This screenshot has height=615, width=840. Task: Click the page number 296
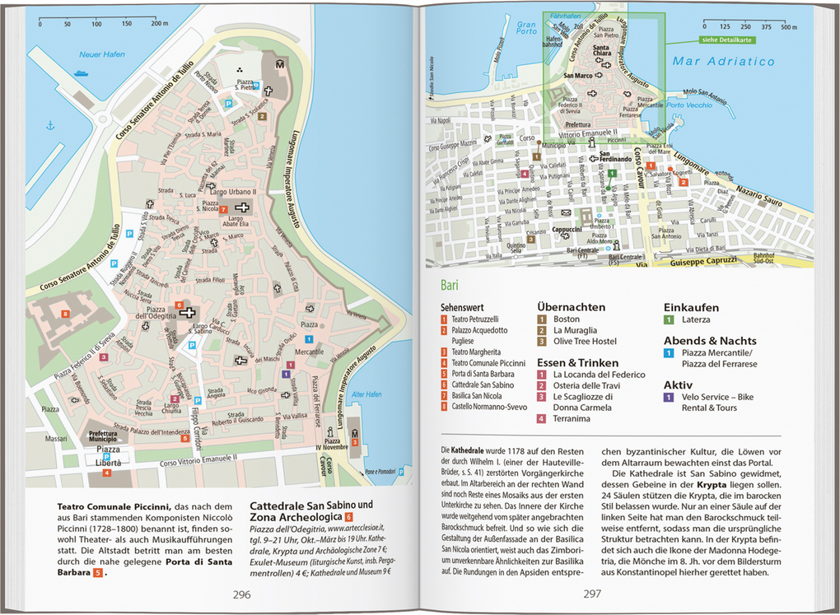241,594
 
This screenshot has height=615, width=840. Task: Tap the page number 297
592,594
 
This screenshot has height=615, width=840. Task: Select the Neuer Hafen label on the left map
101,54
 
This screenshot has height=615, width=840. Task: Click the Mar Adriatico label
723,62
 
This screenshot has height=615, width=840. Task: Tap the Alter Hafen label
363,394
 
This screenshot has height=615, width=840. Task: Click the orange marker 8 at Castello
65,314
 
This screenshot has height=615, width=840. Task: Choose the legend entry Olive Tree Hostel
585,342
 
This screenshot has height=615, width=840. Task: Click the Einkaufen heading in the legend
692,306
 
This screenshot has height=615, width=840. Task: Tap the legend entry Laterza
696,319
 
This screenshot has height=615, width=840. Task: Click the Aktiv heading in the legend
679,384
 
